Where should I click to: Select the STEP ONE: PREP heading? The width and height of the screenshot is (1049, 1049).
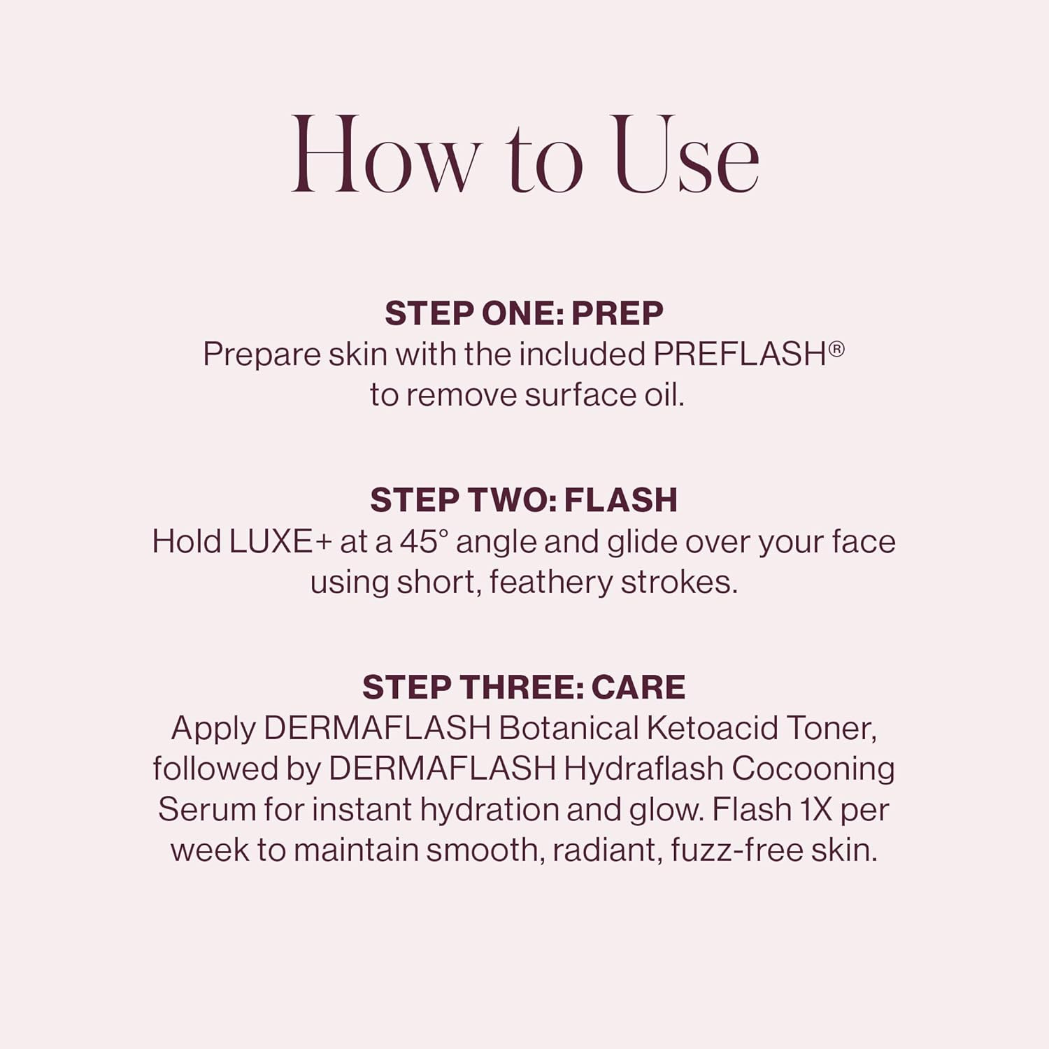coord(524,313)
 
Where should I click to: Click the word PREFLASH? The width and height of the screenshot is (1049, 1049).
coord(740,354)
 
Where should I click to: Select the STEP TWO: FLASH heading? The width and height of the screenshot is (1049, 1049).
coord(524,501)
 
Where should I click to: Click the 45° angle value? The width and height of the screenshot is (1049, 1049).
coord(424,542)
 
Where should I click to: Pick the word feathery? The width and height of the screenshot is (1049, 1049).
coord(550,583)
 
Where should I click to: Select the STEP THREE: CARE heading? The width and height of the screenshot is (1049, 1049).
coord(524,687)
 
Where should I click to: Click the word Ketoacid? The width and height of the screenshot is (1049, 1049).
coord(712,729)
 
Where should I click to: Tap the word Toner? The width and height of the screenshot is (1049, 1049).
coord(832,729)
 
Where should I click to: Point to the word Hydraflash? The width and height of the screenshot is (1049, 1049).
coord(643,769)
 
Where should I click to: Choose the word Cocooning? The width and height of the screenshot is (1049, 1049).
coord(813,769)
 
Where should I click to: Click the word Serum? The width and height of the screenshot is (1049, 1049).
coord(206,810)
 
